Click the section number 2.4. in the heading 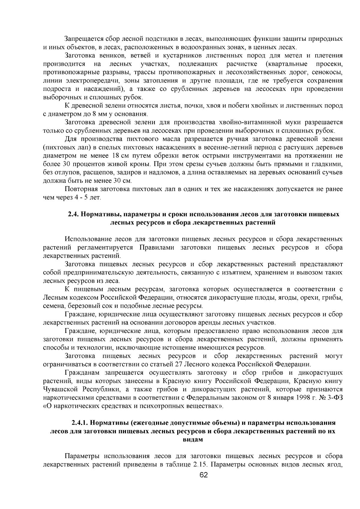click(73, 214)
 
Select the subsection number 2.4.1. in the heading click(80, 423)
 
